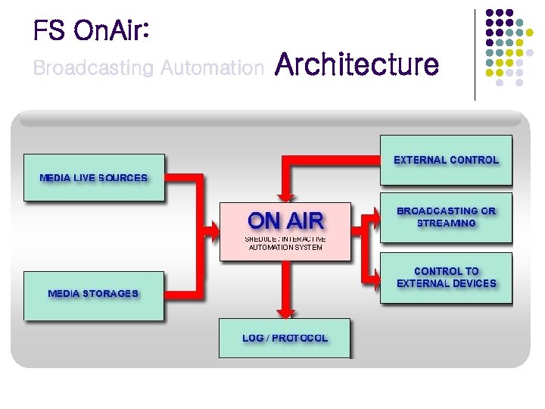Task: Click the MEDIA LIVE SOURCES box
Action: [94, 178]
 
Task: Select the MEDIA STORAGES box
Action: [94, 293]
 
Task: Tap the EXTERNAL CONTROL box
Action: [446, 160]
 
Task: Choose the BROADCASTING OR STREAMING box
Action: [446, 217]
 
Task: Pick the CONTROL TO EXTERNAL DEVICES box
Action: [446, 277]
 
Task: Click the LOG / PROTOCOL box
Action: [285, 338]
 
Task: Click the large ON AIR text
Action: [285, 220]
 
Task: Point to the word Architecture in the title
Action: [357, 64]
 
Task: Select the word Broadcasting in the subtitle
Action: [93, 68]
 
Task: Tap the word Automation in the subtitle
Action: [211, 68]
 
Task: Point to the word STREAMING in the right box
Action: [446, 223]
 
